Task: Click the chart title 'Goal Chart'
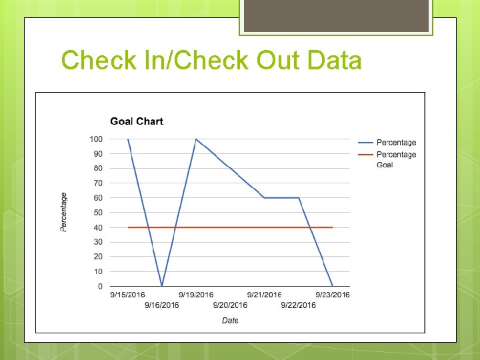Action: (136, 121)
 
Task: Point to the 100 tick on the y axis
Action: (96, 139)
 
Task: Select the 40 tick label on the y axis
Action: (98, 227)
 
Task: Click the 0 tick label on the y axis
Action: (100, 287)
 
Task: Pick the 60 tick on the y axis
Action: (98, 198)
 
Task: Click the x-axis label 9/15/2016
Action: (127, 295)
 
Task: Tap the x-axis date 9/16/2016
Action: (161, 305)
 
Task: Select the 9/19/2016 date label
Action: (196, 295)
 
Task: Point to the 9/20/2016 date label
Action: (230, 305)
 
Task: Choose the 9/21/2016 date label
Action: (264, 295)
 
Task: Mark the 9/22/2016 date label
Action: (298, 305)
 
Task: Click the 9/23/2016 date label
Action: (332, 295)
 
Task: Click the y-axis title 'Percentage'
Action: (64, 212)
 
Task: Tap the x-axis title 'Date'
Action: (230, 321)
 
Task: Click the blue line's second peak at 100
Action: (196, 139)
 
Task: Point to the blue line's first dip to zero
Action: (162, 286)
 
